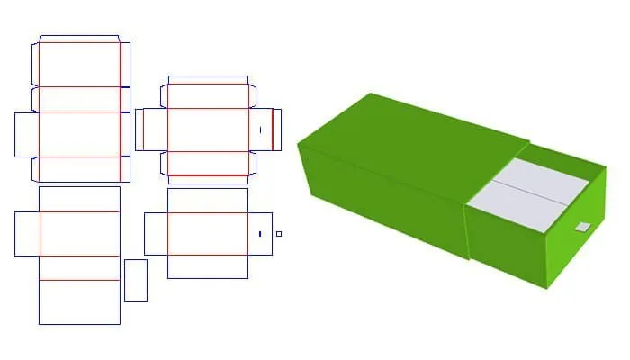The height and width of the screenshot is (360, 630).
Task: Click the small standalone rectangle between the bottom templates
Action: pos(136,280)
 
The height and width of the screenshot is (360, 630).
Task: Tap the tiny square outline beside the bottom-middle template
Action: pos(279,234)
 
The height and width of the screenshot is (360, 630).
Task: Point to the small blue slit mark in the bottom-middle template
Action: pos(260,234)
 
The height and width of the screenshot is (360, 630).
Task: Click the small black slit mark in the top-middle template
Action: pos(260,130)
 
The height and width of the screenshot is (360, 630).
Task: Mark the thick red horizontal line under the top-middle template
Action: pos(208,175)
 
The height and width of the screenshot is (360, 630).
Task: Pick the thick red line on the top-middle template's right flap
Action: pos(272,130)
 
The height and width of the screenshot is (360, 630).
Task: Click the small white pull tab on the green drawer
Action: pos(582,226)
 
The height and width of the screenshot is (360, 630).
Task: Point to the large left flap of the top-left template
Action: pos(27,134)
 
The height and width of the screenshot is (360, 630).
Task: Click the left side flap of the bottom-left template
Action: pos(27,233)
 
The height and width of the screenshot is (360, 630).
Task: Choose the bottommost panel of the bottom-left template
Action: pos(79,301)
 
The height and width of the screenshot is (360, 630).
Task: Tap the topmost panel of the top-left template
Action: pos(79,63)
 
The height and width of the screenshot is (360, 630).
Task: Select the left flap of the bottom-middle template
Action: pos(156,234)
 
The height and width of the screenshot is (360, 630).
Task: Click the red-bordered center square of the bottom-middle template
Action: pos(208,234)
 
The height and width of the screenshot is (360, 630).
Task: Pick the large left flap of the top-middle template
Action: pos(152,130)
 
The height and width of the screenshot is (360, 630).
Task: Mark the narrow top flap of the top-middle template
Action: pos(208,80)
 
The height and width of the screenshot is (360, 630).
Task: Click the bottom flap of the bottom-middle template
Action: pos(208,266)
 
